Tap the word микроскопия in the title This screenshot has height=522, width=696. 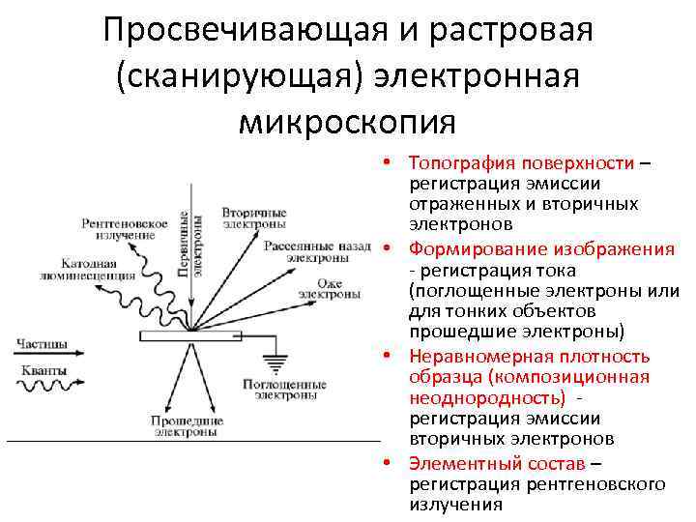click(x=347, y=121)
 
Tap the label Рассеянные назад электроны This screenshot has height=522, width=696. click(x=317, y=252)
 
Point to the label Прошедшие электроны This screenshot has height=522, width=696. click(x=188, y=426)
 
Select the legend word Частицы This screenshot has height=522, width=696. click(x=42, y=343)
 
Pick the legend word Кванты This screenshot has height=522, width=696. click(x=42, y=372)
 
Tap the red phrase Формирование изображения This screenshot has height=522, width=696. click(x=541, y=249)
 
